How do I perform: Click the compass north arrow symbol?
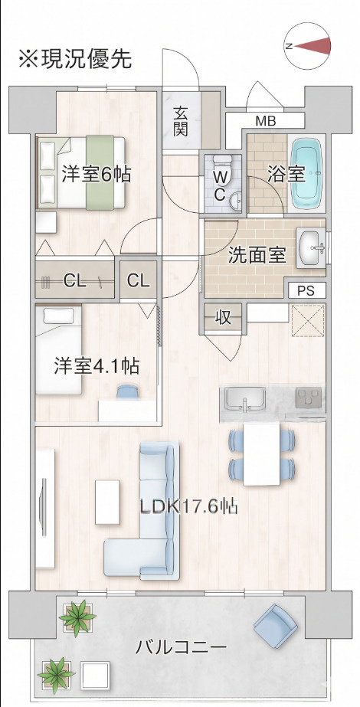point(308,45)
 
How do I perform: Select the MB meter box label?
point(266,121)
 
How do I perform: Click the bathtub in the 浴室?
point(307,174)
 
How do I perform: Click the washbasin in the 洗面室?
point(311,247)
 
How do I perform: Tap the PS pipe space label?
point(307,291)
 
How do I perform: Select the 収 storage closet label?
point(223,318)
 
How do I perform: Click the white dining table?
point(262,454)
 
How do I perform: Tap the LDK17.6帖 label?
point(188,508)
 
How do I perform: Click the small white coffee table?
point(107,502)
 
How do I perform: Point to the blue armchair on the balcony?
point(276,627)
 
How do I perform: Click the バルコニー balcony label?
point(181,649)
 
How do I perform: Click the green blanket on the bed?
point(100,172)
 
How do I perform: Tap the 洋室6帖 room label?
point(97,174)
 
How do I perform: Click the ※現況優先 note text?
point(75,58)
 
